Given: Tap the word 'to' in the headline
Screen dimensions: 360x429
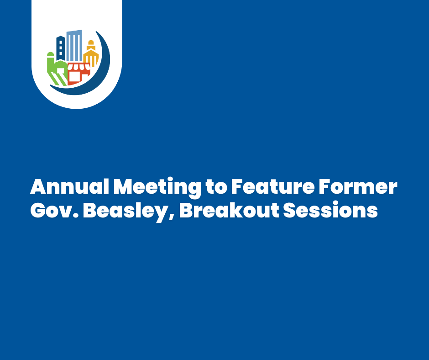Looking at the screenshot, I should pos(216,188).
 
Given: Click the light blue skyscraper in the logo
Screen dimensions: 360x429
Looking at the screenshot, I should pos(74,46).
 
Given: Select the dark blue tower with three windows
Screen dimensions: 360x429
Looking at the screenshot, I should pos(61,48).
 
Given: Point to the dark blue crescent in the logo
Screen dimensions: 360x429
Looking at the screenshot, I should pos(103,69).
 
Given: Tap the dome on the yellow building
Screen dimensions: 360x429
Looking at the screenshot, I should pos(91,45).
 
